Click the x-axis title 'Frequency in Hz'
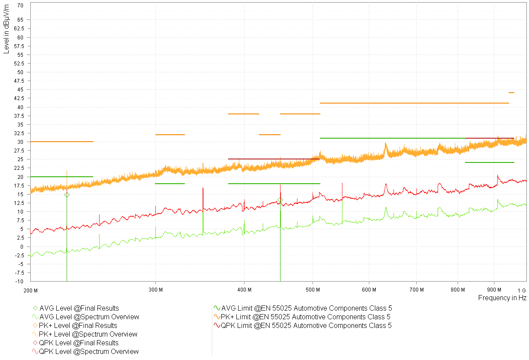coord(502,298)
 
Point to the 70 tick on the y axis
coord(21,6)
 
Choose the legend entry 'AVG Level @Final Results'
coord(79,308)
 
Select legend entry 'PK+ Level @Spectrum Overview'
coord(88,334)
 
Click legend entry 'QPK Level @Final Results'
coord(78,343)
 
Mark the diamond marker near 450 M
coord(280,200)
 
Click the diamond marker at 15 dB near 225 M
coord(67,195)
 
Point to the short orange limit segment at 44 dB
coord(511,93)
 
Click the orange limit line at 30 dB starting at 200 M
coord(61,142)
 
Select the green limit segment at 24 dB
coord(489,162)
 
